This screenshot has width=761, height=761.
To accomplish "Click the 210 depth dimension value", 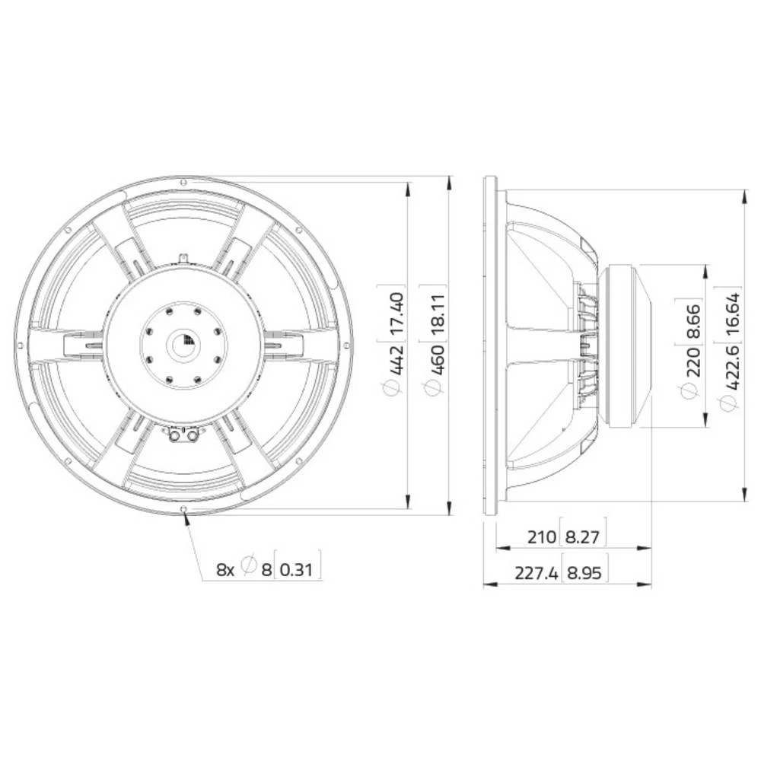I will [542, 537].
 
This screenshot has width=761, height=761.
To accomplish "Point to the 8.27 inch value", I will [584, 537].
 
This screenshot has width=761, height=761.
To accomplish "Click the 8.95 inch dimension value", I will [584, 573].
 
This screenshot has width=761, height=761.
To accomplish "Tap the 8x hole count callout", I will [225, 568].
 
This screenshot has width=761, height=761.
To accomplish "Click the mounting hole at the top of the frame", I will [183, 181].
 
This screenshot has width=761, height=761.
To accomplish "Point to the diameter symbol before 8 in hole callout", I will [247, 568].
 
